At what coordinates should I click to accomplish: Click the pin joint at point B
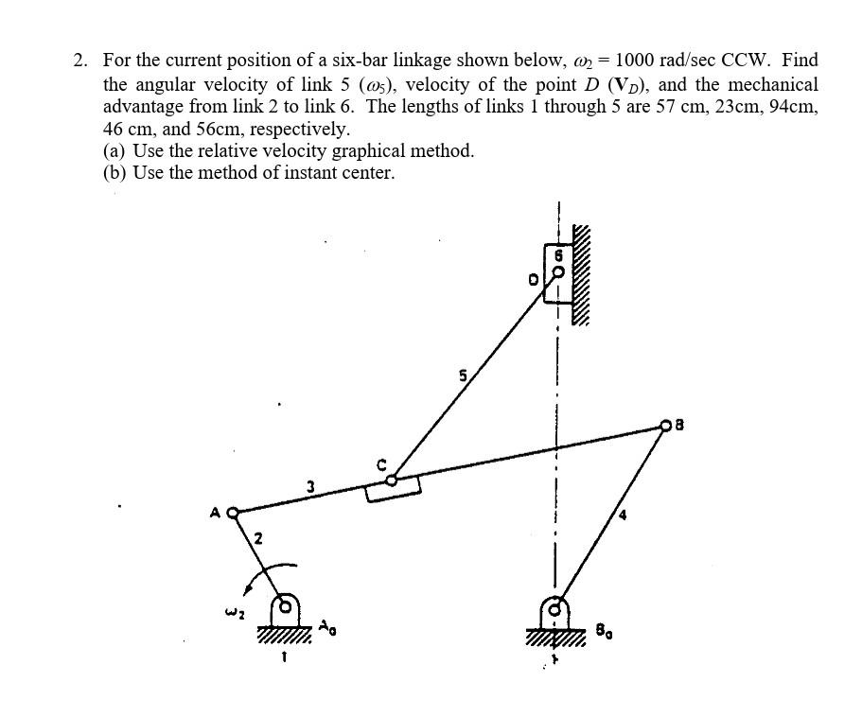pos(665,427)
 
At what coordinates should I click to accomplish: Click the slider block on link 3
pos(393,488)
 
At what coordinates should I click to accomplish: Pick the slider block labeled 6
pos(558,272)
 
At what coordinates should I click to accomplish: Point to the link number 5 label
pos(462,376)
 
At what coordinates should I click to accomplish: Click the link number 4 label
pos(622,516)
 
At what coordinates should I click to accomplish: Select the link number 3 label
pos(310,486)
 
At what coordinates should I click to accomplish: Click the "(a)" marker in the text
pos(115,150)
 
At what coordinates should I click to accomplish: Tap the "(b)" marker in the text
pos(115,172)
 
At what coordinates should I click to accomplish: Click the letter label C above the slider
pos(382,463)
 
